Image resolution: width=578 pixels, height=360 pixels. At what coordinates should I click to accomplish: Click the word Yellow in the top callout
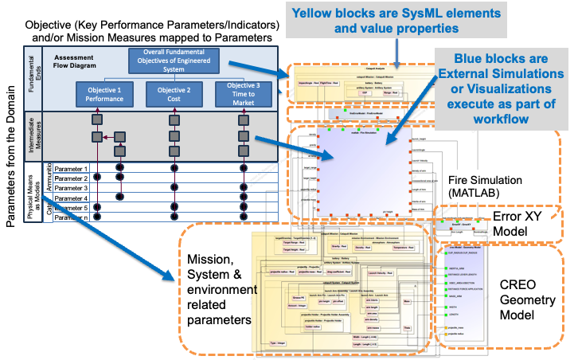[314, 13]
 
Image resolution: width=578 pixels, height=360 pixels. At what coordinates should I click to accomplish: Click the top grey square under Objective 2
[174, 119]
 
